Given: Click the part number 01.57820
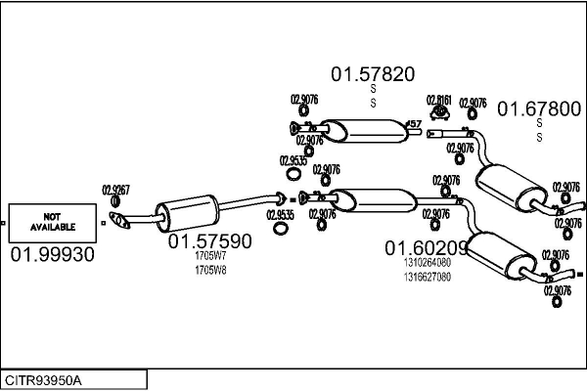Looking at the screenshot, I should pos(372,73).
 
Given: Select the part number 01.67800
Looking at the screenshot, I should pos(540,109).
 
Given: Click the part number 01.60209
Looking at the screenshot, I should pos(427,248).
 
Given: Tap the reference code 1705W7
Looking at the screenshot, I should pos(210,257).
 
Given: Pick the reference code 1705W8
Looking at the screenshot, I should pos(210,270).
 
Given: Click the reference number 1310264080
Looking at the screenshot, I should pos(427,263).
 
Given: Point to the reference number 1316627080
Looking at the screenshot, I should pos(427,277).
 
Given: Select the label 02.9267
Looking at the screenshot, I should pos(116,191).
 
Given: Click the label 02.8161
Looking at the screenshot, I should pos(438,100).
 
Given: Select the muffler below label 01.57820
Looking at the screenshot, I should pos(361,129).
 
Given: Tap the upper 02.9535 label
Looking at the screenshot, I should pos(293,160).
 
